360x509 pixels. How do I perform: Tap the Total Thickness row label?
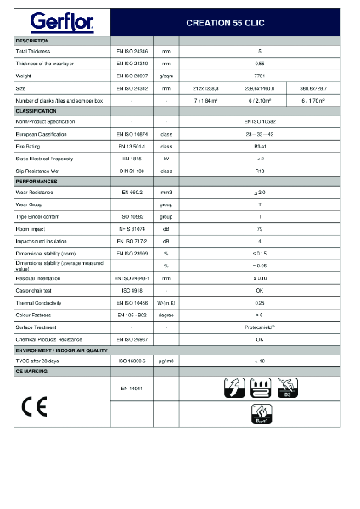(x=33, y=52)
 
